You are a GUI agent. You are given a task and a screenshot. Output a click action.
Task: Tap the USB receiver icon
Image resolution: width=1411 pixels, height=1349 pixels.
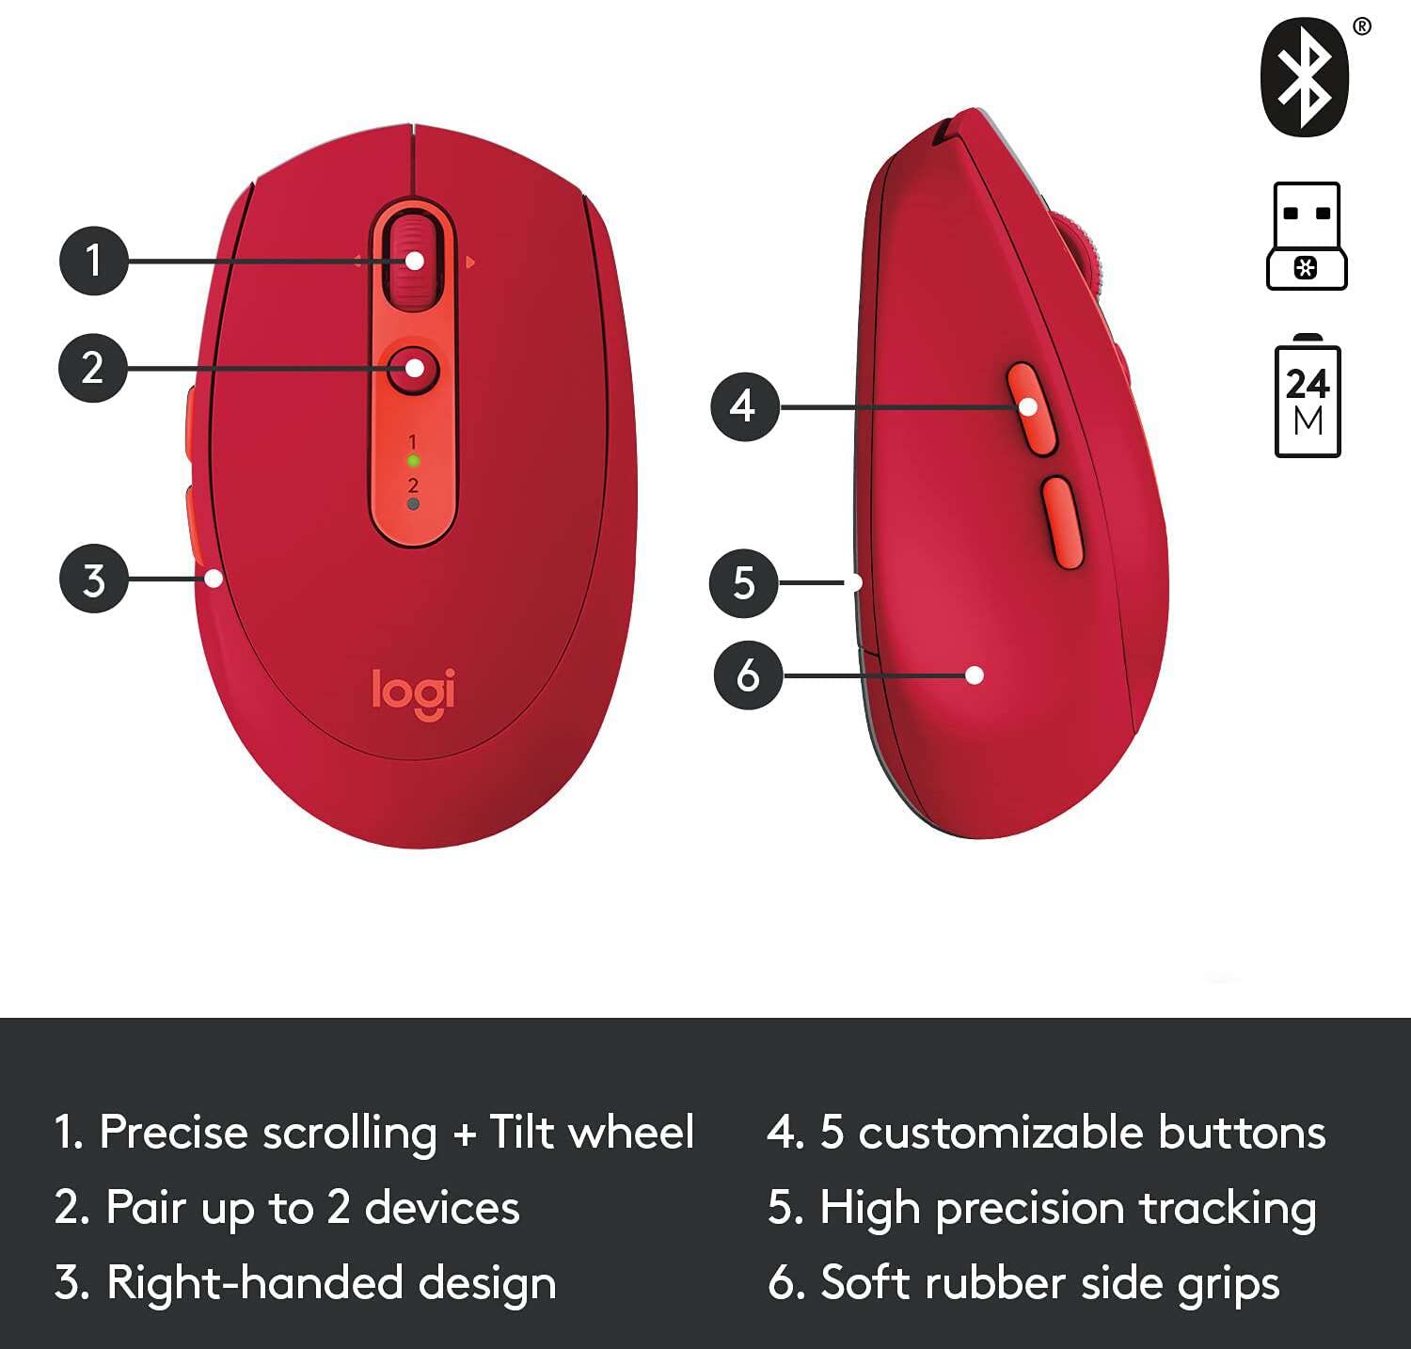(x=1307, y=235)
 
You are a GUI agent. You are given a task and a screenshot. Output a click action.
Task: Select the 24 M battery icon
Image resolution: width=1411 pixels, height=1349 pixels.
(x=1308, y=400)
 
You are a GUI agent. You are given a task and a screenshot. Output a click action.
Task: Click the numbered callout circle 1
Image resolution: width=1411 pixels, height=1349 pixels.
(x=93, y=260)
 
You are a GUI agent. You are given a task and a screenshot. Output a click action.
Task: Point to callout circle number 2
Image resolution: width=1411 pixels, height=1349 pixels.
(x=93, y=368)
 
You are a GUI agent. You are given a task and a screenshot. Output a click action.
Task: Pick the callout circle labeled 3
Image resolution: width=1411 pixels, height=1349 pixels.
(x=93, y=579)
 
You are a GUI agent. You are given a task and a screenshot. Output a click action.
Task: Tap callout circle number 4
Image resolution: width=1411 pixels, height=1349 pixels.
(x=744, y=406)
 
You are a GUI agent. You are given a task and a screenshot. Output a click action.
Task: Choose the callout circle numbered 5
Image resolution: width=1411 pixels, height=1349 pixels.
(x=743, y=583)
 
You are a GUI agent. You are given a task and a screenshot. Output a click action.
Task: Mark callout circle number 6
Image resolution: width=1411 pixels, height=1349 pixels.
(x=748, y=675)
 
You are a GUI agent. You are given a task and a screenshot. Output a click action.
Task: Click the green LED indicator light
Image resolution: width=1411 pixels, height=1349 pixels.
(x=412, y=461)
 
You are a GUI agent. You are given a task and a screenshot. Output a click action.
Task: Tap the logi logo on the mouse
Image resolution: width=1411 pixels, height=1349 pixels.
(x=414, y=692)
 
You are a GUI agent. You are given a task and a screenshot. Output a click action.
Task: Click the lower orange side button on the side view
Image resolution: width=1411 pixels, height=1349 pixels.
(x=1061, y=522)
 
